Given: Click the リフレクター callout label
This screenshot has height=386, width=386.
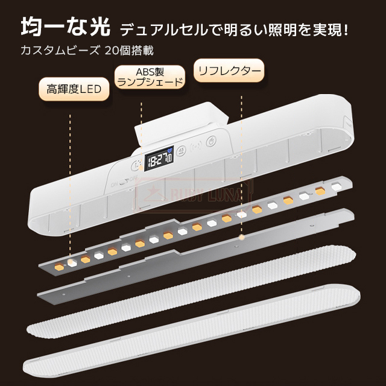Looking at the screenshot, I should (x=229, y=72).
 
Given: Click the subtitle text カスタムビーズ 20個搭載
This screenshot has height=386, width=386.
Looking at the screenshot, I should (x=90, y=51).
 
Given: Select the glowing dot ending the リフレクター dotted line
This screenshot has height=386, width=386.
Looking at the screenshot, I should (x=241, y=237).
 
